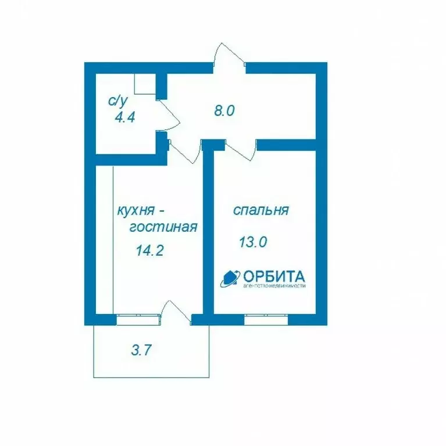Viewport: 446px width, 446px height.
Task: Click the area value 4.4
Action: point(125,117)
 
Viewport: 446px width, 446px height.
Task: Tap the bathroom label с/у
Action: point(117,100)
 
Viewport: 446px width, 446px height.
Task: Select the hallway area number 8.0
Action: point(224,110)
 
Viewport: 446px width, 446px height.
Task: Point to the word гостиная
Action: point(163,227)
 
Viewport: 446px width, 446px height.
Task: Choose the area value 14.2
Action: point(149,251)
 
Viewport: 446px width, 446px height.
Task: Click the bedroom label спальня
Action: point(261,210)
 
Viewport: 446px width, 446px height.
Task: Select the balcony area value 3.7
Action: point(142,350)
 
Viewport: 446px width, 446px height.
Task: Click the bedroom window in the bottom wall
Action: point(266,317)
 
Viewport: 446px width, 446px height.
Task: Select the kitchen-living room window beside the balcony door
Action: point(137,317)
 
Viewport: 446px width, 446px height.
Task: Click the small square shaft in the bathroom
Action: point(145,84)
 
